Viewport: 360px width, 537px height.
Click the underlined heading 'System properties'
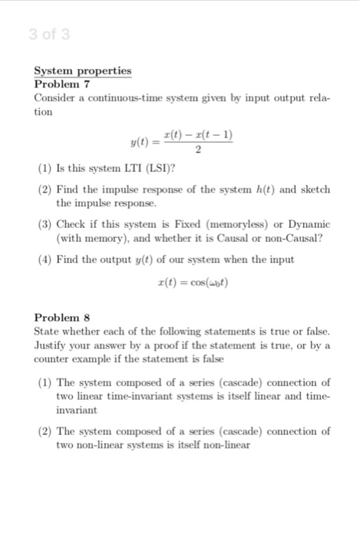pos(83,71)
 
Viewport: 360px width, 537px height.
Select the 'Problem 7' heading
pos(64,84)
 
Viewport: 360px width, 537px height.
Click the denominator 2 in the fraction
pos(200,150)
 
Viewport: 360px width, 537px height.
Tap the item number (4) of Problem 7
pos(45,259)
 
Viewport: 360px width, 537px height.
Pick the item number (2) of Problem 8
pos(45,431)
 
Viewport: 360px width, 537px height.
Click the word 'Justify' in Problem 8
pos(52,345)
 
